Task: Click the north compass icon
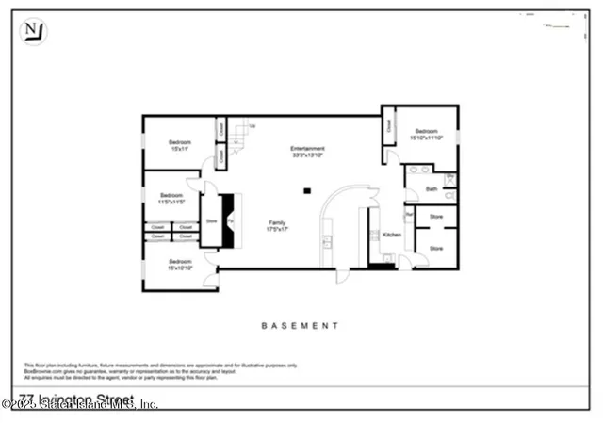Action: [33, 30]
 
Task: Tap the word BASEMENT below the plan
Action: [300, 325]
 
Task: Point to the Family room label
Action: [275, 225]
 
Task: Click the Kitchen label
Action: [392, 234]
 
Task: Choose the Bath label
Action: [432, 189]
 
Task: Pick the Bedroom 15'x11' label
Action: [180, 145]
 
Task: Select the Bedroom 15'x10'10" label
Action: [180, 264]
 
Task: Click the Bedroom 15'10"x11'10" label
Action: [426, 136]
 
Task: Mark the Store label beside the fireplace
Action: [211, 222]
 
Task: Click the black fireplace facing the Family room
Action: [229, 221]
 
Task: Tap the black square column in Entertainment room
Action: [305, 191]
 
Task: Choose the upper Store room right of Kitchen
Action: [436, 216]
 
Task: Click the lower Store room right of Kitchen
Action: [436, 249]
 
